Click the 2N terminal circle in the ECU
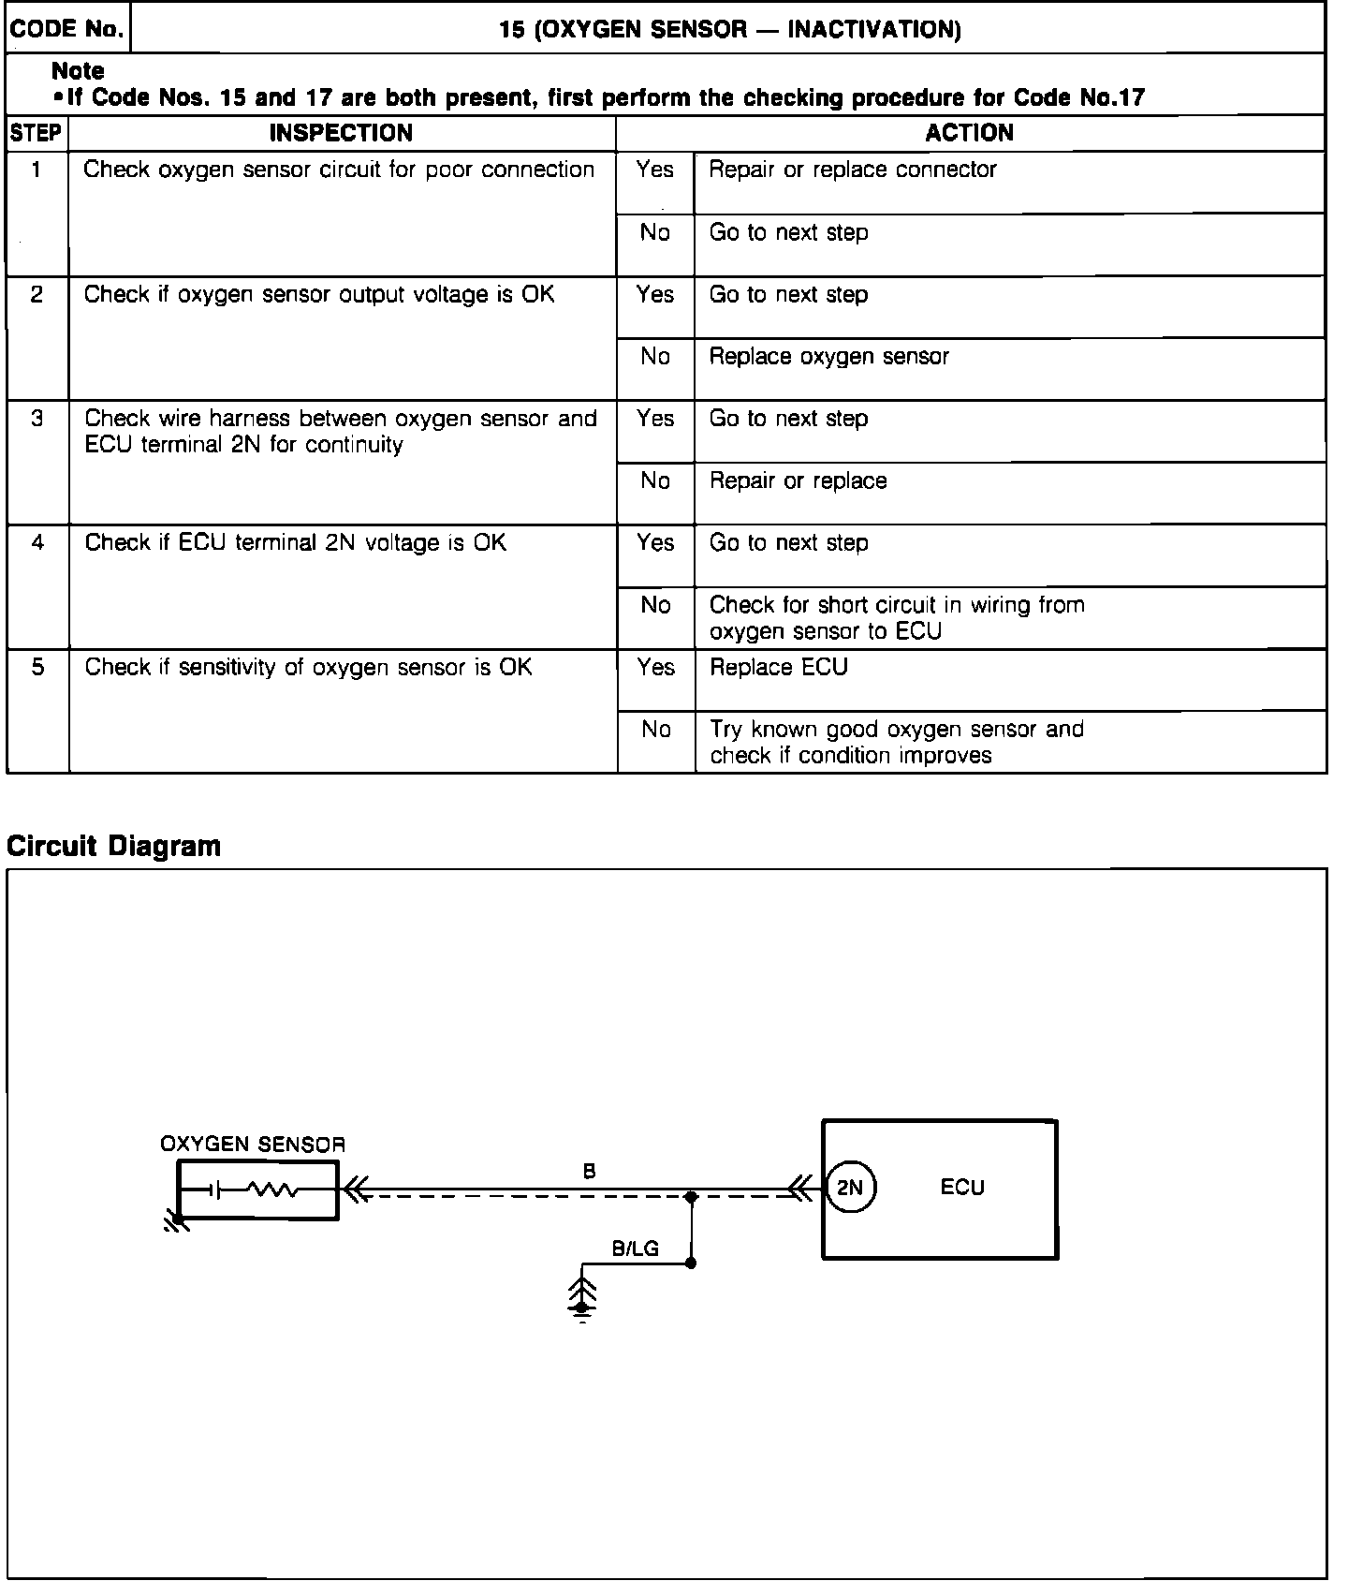pos(850,1188)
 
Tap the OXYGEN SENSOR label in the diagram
pos(253,1144)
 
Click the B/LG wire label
pos(635,1248)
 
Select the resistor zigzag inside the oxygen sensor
pos(272,1190)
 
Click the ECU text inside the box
pos(962,1188)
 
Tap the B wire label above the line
pos(589,1171)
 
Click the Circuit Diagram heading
pos(113,846)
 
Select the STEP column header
pos(37,133)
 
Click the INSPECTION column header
pos(341,133)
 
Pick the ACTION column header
pos(969,133)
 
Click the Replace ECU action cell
pos(779,667)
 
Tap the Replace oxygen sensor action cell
pos(828,357)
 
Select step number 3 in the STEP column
pos(37,419)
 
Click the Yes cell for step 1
pos(654,170)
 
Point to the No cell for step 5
pos(655,730)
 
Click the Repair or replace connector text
pos(852,170)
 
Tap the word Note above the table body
pos(78,71)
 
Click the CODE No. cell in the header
pos(66,29)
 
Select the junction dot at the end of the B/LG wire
pos(691,1263)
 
